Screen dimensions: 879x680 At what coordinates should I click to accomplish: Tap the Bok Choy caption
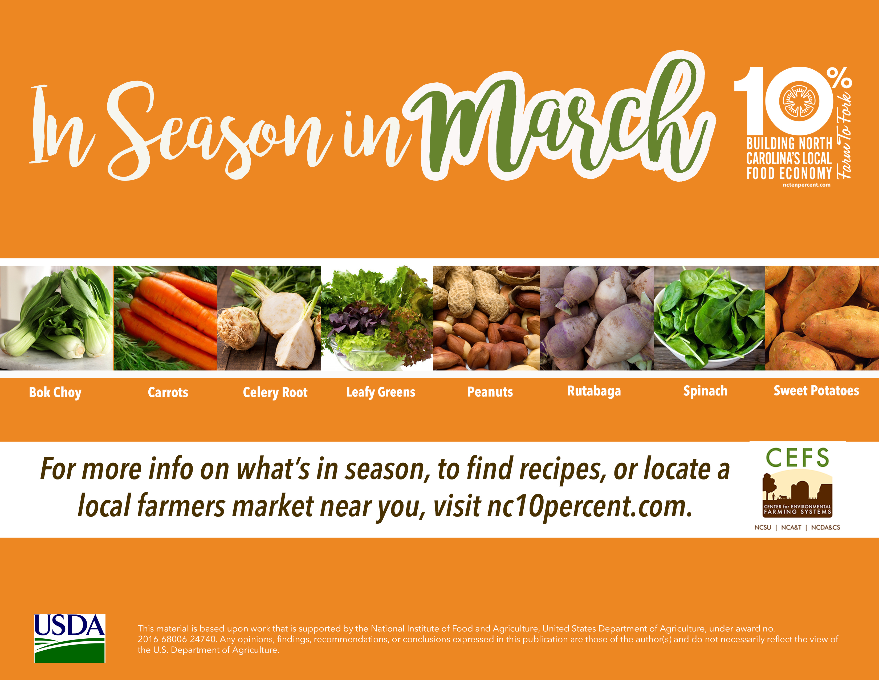(55, 392)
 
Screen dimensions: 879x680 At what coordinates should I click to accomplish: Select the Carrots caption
(168, 392)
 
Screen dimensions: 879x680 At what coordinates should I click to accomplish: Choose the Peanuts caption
(490, 391)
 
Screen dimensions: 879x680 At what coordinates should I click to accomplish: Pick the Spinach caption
(705, 391)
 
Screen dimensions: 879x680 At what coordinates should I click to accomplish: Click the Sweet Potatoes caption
(816, 390)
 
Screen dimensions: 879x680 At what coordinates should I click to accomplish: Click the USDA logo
(69, 638)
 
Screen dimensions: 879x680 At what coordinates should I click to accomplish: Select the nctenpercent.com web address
(807, 185)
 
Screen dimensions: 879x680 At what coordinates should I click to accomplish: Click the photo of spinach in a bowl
(709, 318)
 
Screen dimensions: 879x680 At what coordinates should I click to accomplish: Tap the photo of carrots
(165, 318)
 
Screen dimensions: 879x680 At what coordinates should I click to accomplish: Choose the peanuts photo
(486, 318)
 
